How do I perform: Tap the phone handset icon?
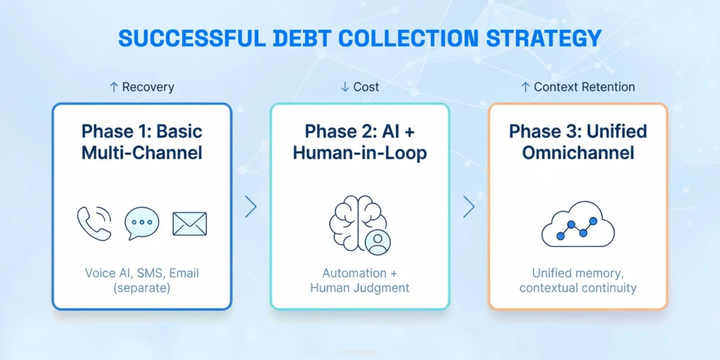[x=94, y=224]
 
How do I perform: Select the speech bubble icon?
[x=142, y=223]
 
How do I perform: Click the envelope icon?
[x=190, y=224]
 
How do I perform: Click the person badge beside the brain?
[x=378, y=242]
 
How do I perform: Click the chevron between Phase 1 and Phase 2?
[x=251, y=207]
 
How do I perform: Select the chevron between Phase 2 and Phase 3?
[x=468, y=207]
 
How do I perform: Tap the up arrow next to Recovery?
[x=114, y=86]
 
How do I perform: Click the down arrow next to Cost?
[x=345, y=86]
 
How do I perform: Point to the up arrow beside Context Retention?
[x=525, y=86]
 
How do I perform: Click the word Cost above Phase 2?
[x=366, y=86]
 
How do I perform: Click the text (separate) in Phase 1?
[x=142, y=289]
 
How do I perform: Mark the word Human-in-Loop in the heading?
[x=360, y=153]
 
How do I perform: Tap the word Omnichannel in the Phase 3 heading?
[x=578, y=153]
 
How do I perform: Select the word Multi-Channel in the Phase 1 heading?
[x=142, y=153]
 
